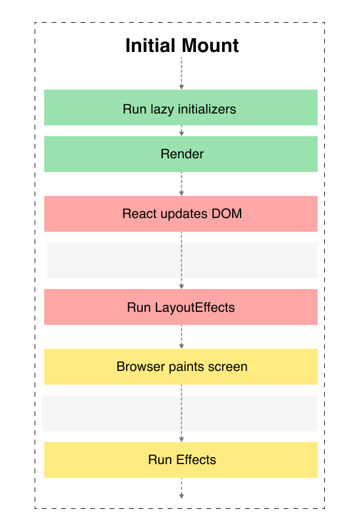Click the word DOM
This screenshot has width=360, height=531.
pos(227,214)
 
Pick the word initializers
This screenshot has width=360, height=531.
pos(207,109)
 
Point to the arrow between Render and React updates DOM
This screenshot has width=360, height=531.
pos(181,184)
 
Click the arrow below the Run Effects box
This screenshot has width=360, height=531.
pos(181,488)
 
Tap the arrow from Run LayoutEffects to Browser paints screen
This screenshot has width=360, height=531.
pos(181,337)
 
